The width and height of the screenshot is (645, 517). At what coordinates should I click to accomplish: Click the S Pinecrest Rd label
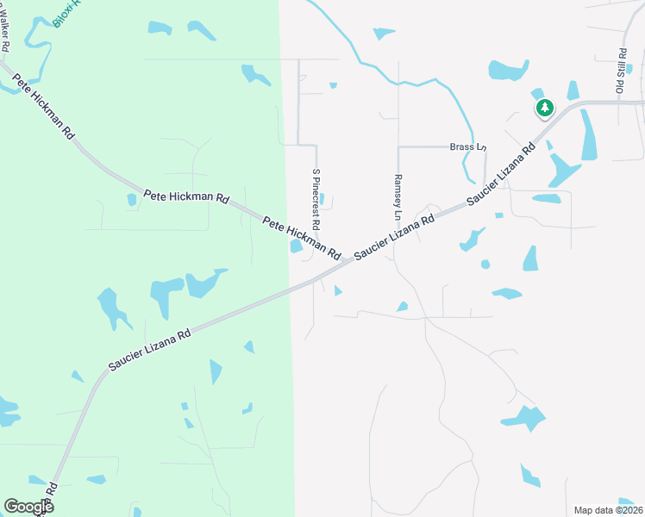[316, 199]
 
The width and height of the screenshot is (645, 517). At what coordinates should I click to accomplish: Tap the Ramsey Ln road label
[398, 196]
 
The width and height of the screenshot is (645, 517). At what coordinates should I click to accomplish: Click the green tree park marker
[544, 109]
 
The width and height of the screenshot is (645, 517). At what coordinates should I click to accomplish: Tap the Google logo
[28, 507]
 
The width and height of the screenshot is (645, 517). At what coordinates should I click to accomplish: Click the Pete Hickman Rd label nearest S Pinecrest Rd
[302, 239]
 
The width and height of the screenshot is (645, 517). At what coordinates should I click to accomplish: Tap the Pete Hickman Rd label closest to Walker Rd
[43, 111]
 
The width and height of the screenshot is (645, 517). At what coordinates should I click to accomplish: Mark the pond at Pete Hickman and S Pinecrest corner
[297, 246]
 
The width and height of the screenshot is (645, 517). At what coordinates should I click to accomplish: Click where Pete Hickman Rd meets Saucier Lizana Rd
[349, 261]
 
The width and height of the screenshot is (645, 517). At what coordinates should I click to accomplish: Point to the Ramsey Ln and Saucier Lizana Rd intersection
[398, 238]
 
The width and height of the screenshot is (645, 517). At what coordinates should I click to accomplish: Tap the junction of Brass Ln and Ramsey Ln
[398, 147]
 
